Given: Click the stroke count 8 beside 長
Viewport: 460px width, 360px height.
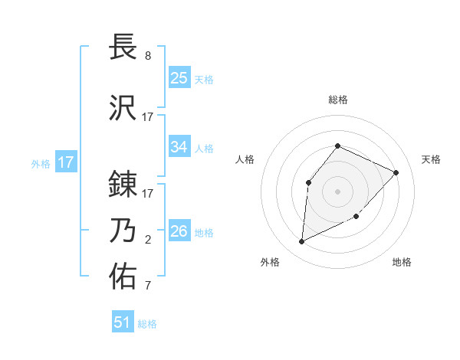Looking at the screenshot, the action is pyautogui.click(x=148, y=57).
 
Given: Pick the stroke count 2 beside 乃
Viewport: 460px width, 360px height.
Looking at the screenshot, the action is pyautogui.click(x=148, y=240).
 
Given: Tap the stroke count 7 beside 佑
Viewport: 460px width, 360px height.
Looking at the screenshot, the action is pyautogui.click(x=148, y=287).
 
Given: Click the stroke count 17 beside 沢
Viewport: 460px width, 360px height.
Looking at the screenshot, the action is pyautogui.click(x=148, y=117).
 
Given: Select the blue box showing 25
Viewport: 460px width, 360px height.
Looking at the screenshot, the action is pyautogui.click(x=179, y=78).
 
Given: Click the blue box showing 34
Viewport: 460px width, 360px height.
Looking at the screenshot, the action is pyautogui.click(x=179, y=147).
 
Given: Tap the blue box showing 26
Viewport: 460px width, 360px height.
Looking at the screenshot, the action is pyautogui.click(x=179, y=231).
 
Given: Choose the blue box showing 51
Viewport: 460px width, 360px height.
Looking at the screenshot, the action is pyautogui.click(x=123, y=322).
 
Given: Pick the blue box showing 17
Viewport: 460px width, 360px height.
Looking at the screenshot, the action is pyautogui.click(x=66, y=162).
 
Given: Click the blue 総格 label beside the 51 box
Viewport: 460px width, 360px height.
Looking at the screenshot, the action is pyautogui.click(x=147, y=324).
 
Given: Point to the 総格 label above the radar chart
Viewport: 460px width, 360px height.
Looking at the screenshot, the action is pyautogui.click(x=337, y=100).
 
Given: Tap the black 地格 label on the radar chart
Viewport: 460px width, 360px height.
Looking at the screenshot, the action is pyautogui.click(x=402, y=262).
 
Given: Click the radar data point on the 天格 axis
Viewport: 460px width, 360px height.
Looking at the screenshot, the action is pyautogui.click(x=396, y=172).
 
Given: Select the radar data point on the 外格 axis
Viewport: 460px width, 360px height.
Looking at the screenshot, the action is pyautogui.click(x=301, y=242).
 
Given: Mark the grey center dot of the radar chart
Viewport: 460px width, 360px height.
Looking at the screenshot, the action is pyautogui.click(x=337, y=190).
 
